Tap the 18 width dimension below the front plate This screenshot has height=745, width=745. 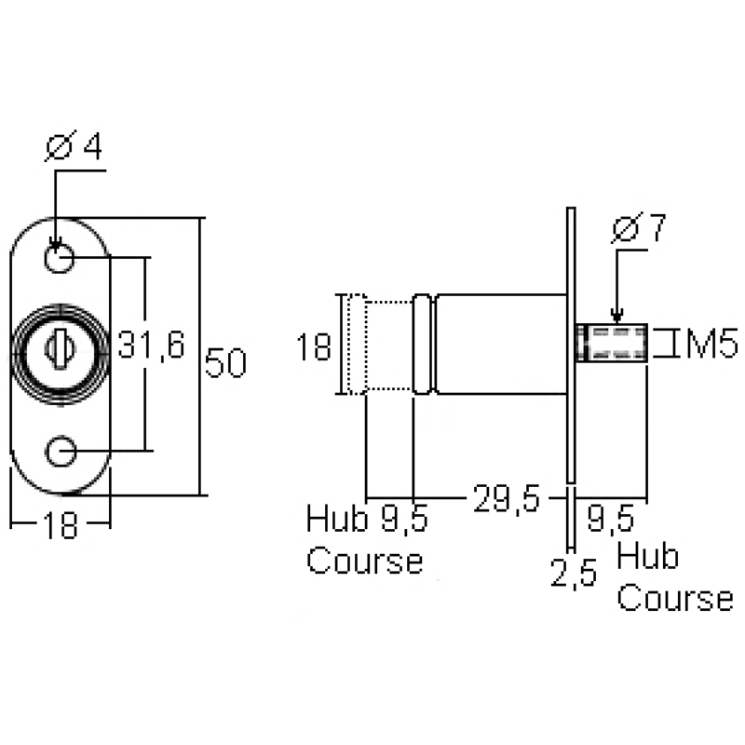pos(60,527)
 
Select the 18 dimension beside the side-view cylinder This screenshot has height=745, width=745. pos(314,347)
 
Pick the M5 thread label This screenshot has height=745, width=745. pos(711,345)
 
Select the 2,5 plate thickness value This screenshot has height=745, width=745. pos(573,574)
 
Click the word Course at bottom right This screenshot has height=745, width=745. pos(675,598)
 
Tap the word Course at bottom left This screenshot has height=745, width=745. pos(364,562)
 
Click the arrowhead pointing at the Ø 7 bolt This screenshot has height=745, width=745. pos(615,318)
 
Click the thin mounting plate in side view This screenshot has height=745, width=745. pos(572,345)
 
